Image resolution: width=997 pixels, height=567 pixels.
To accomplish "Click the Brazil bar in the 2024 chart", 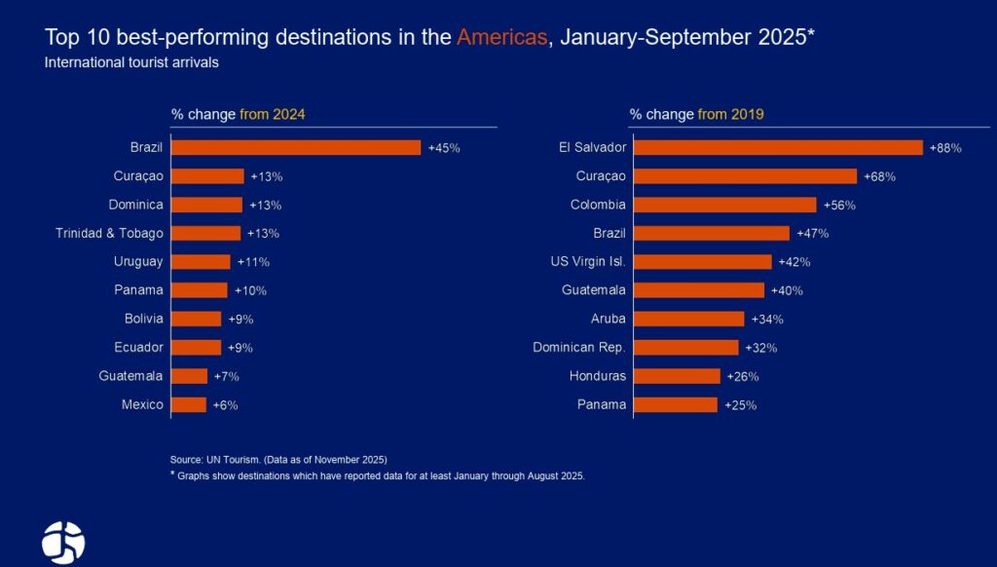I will click(296, 147).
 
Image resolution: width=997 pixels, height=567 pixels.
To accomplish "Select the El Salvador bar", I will click(778, 147).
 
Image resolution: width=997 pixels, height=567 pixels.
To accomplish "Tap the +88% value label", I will click(945, 148).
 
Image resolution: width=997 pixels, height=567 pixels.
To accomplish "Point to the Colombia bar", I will click(724, 205).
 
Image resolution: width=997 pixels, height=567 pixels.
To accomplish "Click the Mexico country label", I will click(142, 404).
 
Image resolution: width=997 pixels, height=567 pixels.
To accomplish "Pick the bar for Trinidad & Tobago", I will click(205, 233).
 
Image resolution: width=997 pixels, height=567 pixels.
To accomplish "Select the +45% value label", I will click(444, 148).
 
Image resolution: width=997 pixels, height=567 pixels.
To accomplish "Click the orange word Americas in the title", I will click(501, 38).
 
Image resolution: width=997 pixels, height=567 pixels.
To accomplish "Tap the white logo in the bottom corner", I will click(63, 543).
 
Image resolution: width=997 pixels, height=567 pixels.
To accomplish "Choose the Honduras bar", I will click(677, 376).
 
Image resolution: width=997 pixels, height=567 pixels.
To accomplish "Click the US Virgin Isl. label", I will click(588, 261).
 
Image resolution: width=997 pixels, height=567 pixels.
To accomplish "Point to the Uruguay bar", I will click(201, 261).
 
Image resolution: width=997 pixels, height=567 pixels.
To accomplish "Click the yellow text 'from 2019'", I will click(730, 114).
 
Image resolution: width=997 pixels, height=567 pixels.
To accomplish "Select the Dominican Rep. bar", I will click(685, 348).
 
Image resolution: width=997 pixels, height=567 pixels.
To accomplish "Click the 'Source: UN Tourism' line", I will click(278, 459).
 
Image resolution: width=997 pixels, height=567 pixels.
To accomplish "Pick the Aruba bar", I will click(688, 319).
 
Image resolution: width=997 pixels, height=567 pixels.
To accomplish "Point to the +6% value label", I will click(225, 405).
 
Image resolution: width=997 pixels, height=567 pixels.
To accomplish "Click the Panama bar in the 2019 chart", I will click(675, 404).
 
